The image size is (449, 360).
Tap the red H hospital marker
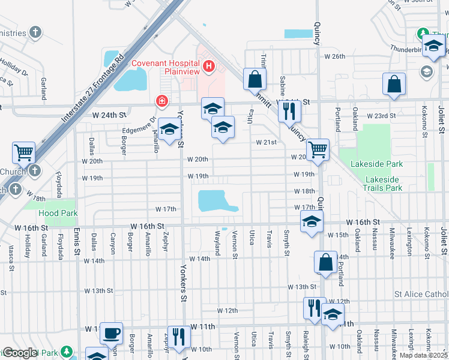[209, 66]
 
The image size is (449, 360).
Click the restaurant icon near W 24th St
[289, 110]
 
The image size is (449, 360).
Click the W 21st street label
[266, 143]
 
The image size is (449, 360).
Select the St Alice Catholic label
[421, 294]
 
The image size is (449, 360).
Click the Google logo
[20, 353]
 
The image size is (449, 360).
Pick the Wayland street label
[217, 243]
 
